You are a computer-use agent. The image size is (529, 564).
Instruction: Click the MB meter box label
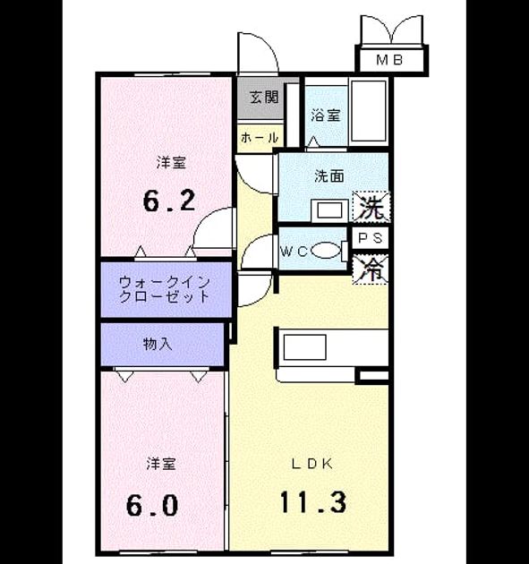[388, 60]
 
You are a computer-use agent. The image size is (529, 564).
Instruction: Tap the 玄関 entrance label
[264, 97]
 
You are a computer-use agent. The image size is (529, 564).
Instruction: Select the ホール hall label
[260, 137]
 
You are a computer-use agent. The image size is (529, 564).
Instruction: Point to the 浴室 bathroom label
[326, 115]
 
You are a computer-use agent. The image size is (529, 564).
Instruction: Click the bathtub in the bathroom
[369, 111]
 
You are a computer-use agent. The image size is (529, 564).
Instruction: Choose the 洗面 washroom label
[329, 175]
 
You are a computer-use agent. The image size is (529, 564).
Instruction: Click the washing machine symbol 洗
[371, 207]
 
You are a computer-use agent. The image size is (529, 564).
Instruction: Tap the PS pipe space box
[370, 238]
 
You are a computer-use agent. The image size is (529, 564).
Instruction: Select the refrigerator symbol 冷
[371, 269]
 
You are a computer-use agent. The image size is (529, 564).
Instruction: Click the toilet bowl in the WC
[326, 251]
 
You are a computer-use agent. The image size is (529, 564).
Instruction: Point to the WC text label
[294, 252]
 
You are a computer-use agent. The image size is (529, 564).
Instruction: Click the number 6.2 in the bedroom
[169, 201]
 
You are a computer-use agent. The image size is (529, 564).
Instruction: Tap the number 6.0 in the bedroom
[152, 505]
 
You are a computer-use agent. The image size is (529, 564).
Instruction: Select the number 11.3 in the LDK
[313, 501]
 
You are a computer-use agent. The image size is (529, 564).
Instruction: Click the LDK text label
[311, 464]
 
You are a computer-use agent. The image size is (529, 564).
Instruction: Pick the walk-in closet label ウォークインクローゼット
[165, 289]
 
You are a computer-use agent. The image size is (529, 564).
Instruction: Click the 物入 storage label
[158, 345]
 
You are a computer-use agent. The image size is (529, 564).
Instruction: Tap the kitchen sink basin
[304, 347]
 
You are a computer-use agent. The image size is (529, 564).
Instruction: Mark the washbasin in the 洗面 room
[329, 210]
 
